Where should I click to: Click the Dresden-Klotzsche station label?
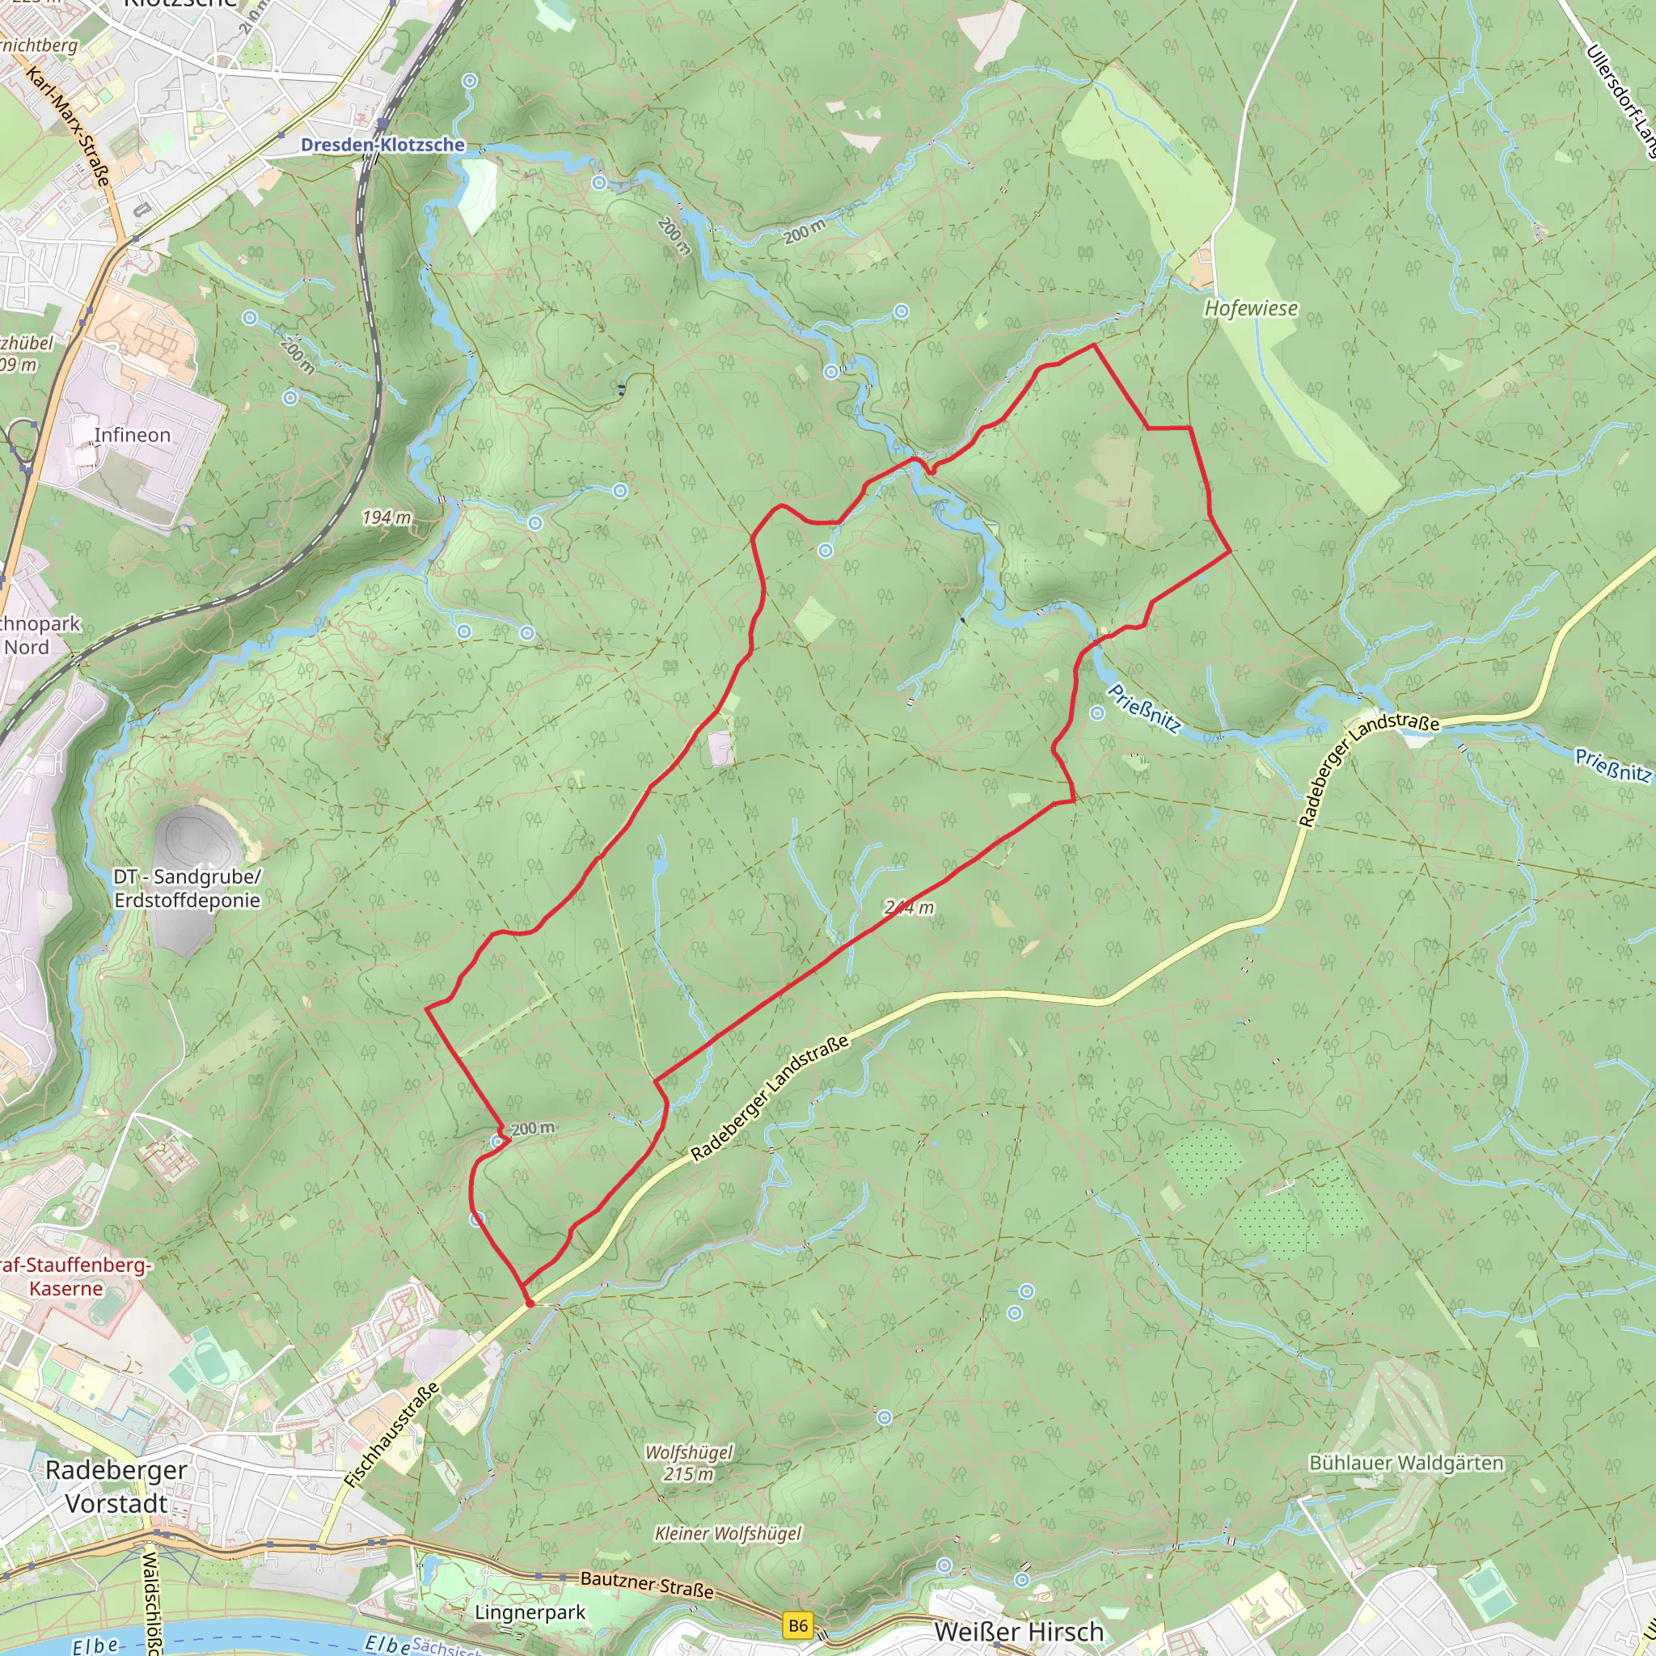pos(382,145)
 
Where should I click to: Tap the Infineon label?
pos(132,436)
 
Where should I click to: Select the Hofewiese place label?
pos(1251,309)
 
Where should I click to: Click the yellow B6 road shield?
pos(798,1624)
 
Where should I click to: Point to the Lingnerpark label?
pos(530,1612)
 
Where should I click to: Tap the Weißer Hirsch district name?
pos(1018,1632)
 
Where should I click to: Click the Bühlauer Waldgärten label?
pos(1405,1462)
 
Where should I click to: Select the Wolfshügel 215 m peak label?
pos(689,1462)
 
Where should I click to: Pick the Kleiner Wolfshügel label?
pos(728,1533)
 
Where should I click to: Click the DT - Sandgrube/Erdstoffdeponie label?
pos(187,888)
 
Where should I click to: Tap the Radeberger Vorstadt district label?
pos(116,1486)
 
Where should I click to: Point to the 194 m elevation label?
pos(387,517)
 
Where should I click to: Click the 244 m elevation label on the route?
pos(910,907)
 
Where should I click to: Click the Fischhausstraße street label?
pos(391,1435)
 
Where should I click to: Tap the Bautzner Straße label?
pos(647,1585)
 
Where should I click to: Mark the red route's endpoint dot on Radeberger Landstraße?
pos(530,1303)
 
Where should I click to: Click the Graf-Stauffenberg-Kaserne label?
pos(73,1276)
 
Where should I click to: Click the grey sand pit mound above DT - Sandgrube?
pos(197,836)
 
